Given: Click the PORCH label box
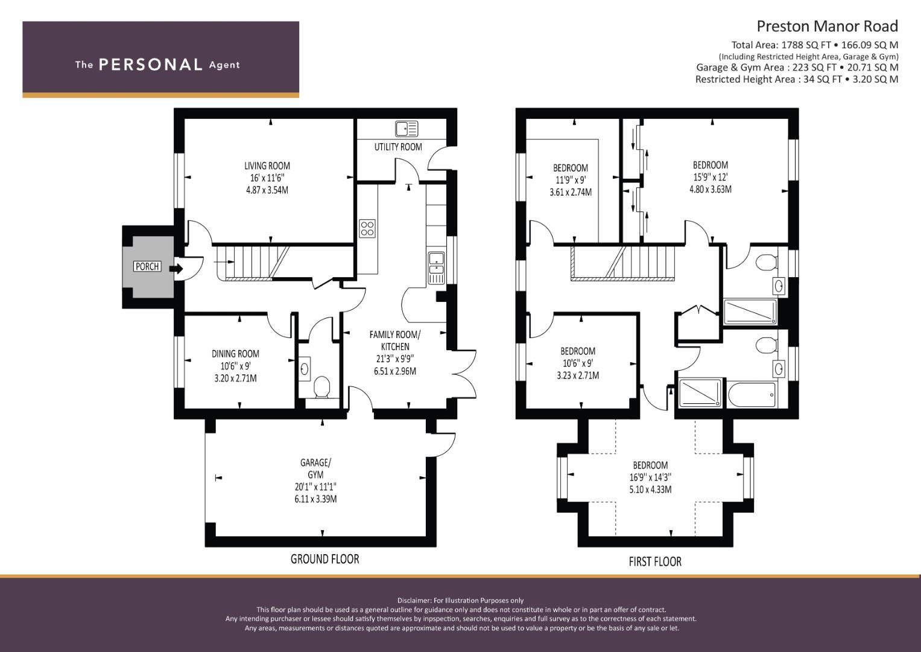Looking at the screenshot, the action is (x=147, y=266).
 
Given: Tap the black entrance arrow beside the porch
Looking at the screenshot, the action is (x=176, y=269).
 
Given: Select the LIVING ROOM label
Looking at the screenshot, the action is (x=267, y=166).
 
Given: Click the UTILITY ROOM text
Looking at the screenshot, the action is (x=398, y=147).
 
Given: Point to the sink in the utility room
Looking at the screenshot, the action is (x=407, y=129).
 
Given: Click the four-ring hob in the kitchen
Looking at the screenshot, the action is (x=367, y=228).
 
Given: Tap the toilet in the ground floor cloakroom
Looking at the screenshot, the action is (x=322, y=388).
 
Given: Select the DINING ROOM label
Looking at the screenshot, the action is (x=235, y=354).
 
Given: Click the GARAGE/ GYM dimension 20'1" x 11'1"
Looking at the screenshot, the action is (x=315, y=487).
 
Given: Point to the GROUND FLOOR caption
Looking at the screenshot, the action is (x=325, y=559).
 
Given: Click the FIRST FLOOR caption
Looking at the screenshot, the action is (x=655, y=561).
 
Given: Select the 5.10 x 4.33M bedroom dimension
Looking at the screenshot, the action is (x=650, y=490).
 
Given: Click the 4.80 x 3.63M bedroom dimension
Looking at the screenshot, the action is (x=711, y=190).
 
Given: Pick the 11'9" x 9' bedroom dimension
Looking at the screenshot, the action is (x=571, y=180).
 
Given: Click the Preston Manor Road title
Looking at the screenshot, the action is (x=828, y=27).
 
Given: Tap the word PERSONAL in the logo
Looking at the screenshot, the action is (x=151, y=65).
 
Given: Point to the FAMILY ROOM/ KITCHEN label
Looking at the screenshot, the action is (x=394, y=340).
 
